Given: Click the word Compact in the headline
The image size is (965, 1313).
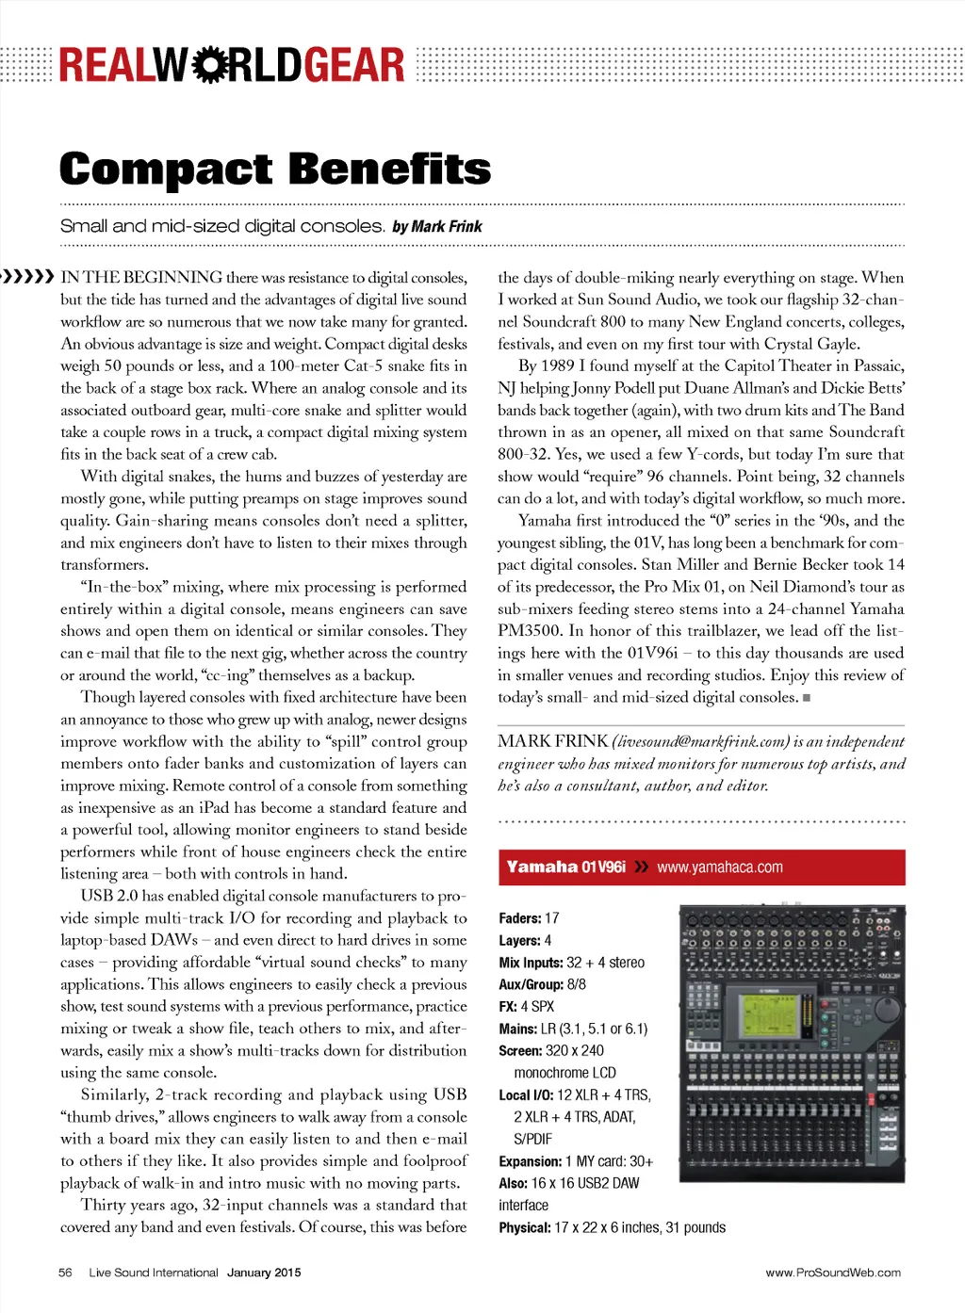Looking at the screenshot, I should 166,170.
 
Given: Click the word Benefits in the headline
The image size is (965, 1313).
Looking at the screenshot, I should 390,169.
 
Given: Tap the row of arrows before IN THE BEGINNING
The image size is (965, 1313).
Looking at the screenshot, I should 27,277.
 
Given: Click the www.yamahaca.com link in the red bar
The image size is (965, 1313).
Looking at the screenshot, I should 719,867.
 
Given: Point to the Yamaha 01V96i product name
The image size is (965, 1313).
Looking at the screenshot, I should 565,867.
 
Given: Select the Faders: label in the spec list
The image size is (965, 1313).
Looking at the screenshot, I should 519,918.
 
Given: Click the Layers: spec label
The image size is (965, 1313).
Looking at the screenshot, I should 519,940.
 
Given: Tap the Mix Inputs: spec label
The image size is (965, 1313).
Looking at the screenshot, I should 531,963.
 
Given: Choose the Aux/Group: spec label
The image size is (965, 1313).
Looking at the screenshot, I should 531,984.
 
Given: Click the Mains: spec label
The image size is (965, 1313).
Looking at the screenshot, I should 517,1029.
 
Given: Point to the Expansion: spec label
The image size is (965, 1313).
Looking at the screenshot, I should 530,1161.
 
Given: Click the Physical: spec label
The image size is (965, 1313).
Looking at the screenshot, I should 524,1228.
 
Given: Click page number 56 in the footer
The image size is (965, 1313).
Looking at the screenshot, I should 65,1272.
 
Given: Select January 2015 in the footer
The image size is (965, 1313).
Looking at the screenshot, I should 264,1272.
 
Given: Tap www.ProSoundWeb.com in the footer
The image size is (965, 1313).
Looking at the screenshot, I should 832,1272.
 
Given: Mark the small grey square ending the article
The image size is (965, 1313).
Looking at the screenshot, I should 807,698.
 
